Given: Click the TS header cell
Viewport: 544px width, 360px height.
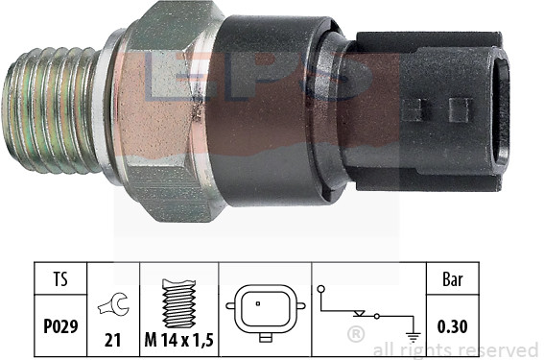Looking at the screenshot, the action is click(x=60, y=278).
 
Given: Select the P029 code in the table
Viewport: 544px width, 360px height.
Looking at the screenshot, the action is click(x=60, y=326).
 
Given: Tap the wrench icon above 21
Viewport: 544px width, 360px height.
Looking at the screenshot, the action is click(x=114, y=304).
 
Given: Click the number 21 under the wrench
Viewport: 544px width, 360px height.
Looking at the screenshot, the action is click(x=113, y=340).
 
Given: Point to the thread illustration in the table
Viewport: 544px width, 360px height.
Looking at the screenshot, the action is click(x=179, y=303).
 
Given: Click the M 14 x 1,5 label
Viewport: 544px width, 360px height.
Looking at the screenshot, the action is click(x=179, y=340).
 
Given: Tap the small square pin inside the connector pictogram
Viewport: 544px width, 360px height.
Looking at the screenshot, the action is click(x=258, y=303).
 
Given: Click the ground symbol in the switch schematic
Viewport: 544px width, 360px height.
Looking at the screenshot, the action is click(x=414, y=336).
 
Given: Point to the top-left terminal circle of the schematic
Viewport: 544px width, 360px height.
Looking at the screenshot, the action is click(x=321, y=289).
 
